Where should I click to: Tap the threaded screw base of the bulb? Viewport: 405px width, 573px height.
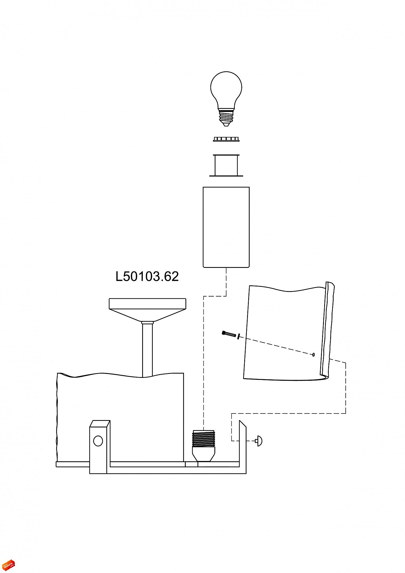(x=226, y=117)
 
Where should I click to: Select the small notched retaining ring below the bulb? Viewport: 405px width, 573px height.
(x=226, y=139)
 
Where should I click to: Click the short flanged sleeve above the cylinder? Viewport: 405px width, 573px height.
(x=226, y=165)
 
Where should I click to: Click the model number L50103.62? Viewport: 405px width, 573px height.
(x=147, y=276)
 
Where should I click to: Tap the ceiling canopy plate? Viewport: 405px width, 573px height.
(x=147, y=304)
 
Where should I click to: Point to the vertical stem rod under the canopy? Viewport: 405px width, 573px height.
(x=147, y=350)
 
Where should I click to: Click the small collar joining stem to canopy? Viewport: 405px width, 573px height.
(x=147, y=323)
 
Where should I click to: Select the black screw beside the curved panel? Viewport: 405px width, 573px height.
(x=228, y=333)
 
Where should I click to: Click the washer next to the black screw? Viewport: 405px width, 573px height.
(x=238, y=336)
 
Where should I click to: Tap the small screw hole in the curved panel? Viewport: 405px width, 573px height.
(x=313, y=355)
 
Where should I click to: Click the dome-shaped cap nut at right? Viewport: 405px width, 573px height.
(x=259, y=441)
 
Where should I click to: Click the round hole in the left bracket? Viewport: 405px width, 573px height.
(x=98, y=441)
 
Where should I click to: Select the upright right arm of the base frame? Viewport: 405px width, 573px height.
(x=242, y=447)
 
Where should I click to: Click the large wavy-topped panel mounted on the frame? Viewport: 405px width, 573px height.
(x=120, y=415)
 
